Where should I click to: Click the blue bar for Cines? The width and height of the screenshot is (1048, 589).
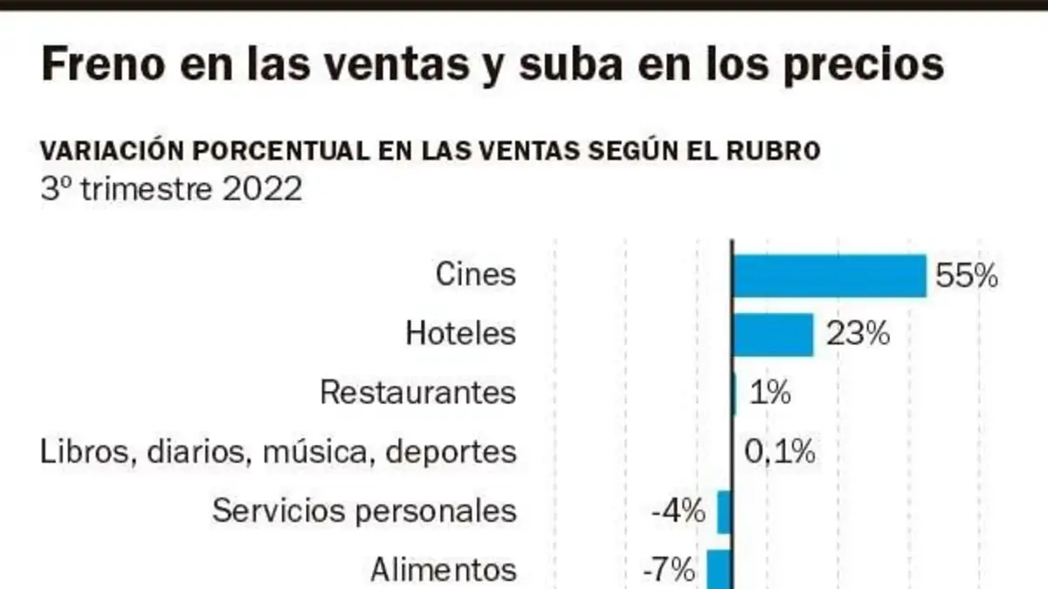pos(830,276)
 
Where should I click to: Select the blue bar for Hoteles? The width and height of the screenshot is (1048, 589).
pos(773,335)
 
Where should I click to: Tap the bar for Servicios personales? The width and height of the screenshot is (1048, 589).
pos(725,512)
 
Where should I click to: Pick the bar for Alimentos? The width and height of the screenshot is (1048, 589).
pos(720,569)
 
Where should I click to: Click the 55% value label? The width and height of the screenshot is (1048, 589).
pos(967,276)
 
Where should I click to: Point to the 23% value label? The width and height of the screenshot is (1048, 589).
pos(858,333)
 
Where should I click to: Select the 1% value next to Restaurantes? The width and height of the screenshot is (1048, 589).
pos(770,392)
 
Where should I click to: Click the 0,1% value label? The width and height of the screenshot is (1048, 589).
pos(780,452)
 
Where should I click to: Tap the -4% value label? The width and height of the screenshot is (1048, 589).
pos(679,510)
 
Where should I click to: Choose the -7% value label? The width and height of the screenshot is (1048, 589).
pos(669,569)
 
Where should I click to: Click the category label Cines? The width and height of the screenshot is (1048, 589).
pos(476,274)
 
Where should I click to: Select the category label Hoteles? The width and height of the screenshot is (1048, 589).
pos(461,333)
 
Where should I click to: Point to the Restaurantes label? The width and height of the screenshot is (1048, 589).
pos(418,392)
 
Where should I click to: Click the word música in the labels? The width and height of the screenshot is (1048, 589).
pos(315,452)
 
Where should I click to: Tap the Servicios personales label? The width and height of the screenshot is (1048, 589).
pos(364,510)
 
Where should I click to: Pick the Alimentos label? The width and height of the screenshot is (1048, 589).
pos(444,570)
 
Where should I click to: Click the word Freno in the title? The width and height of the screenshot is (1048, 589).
pos(103,65)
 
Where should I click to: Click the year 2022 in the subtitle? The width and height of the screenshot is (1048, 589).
pos(262,189)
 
